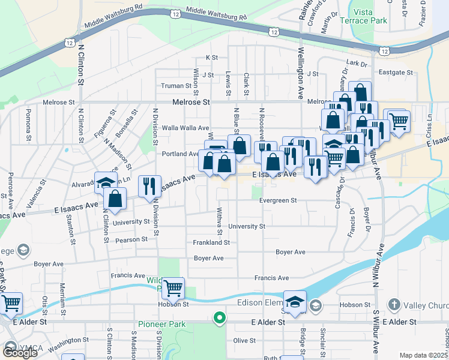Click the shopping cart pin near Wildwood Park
pos(173,289)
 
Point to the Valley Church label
pos(423,305)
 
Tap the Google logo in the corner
pos(19,353)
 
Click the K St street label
pos(211,58)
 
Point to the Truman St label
pos(175,86)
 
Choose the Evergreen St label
pos(278,200)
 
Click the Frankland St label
pos(211,242)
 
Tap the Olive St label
pos(244,340)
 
